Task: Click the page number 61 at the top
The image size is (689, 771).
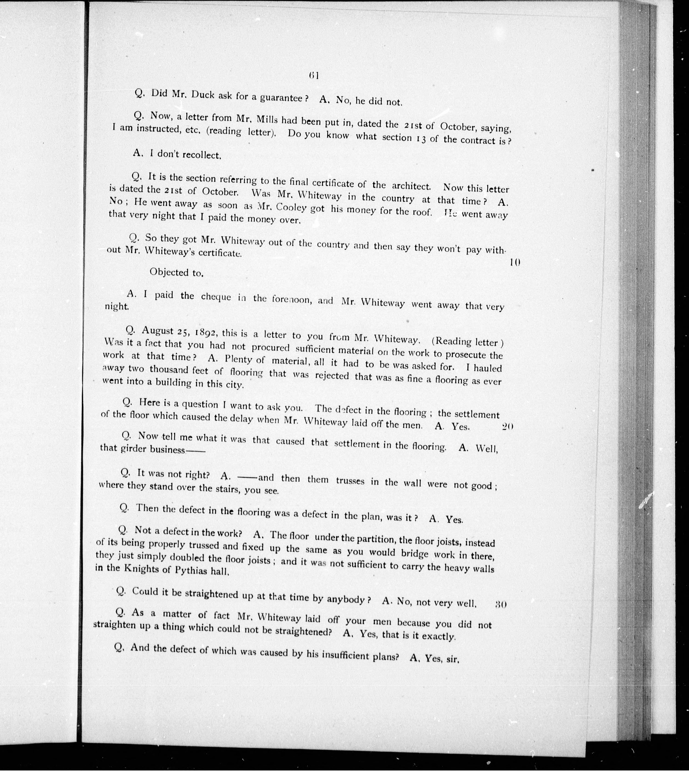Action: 314,75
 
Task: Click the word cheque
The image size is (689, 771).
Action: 216,297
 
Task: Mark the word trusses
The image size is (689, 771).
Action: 350,481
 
